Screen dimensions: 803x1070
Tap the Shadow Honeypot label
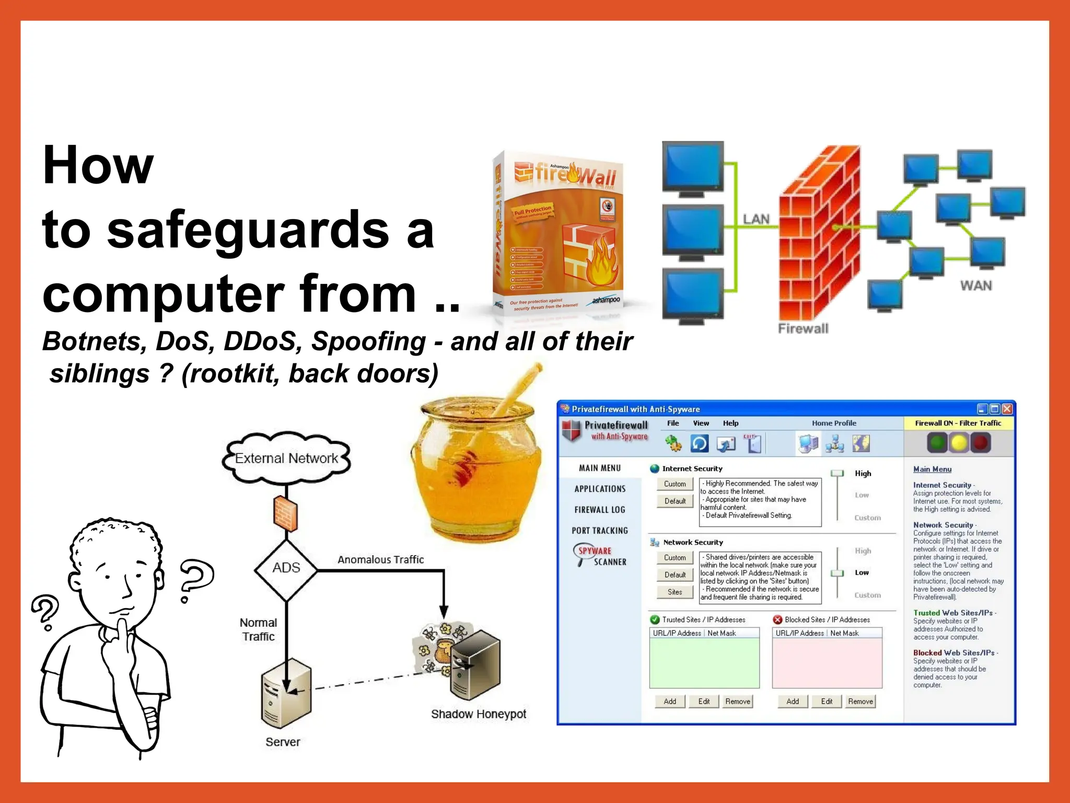478,714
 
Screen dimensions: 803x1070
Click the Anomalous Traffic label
380,559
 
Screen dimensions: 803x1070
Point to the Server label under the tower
283,742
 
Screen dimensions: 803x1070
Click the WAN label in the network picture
975,285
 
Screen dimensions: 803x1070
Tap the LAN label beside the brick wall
756,219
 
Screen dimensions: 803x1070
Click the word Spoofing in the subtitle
368,341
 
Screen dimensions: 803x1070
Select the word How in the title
98,165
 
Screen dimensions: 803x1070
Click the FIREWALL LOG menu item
599,510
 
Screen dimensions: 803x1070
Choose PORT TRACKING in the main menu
599,531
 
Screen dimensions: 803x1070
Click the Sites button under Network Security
674,592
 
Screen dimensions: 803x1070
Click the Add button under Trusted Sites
669,702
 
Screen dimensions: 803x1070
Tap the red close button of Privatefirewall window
1007,409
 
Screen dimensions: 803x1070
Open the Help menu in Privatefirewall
730,423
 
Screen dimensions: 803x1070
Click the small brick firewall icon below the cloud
286,512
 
